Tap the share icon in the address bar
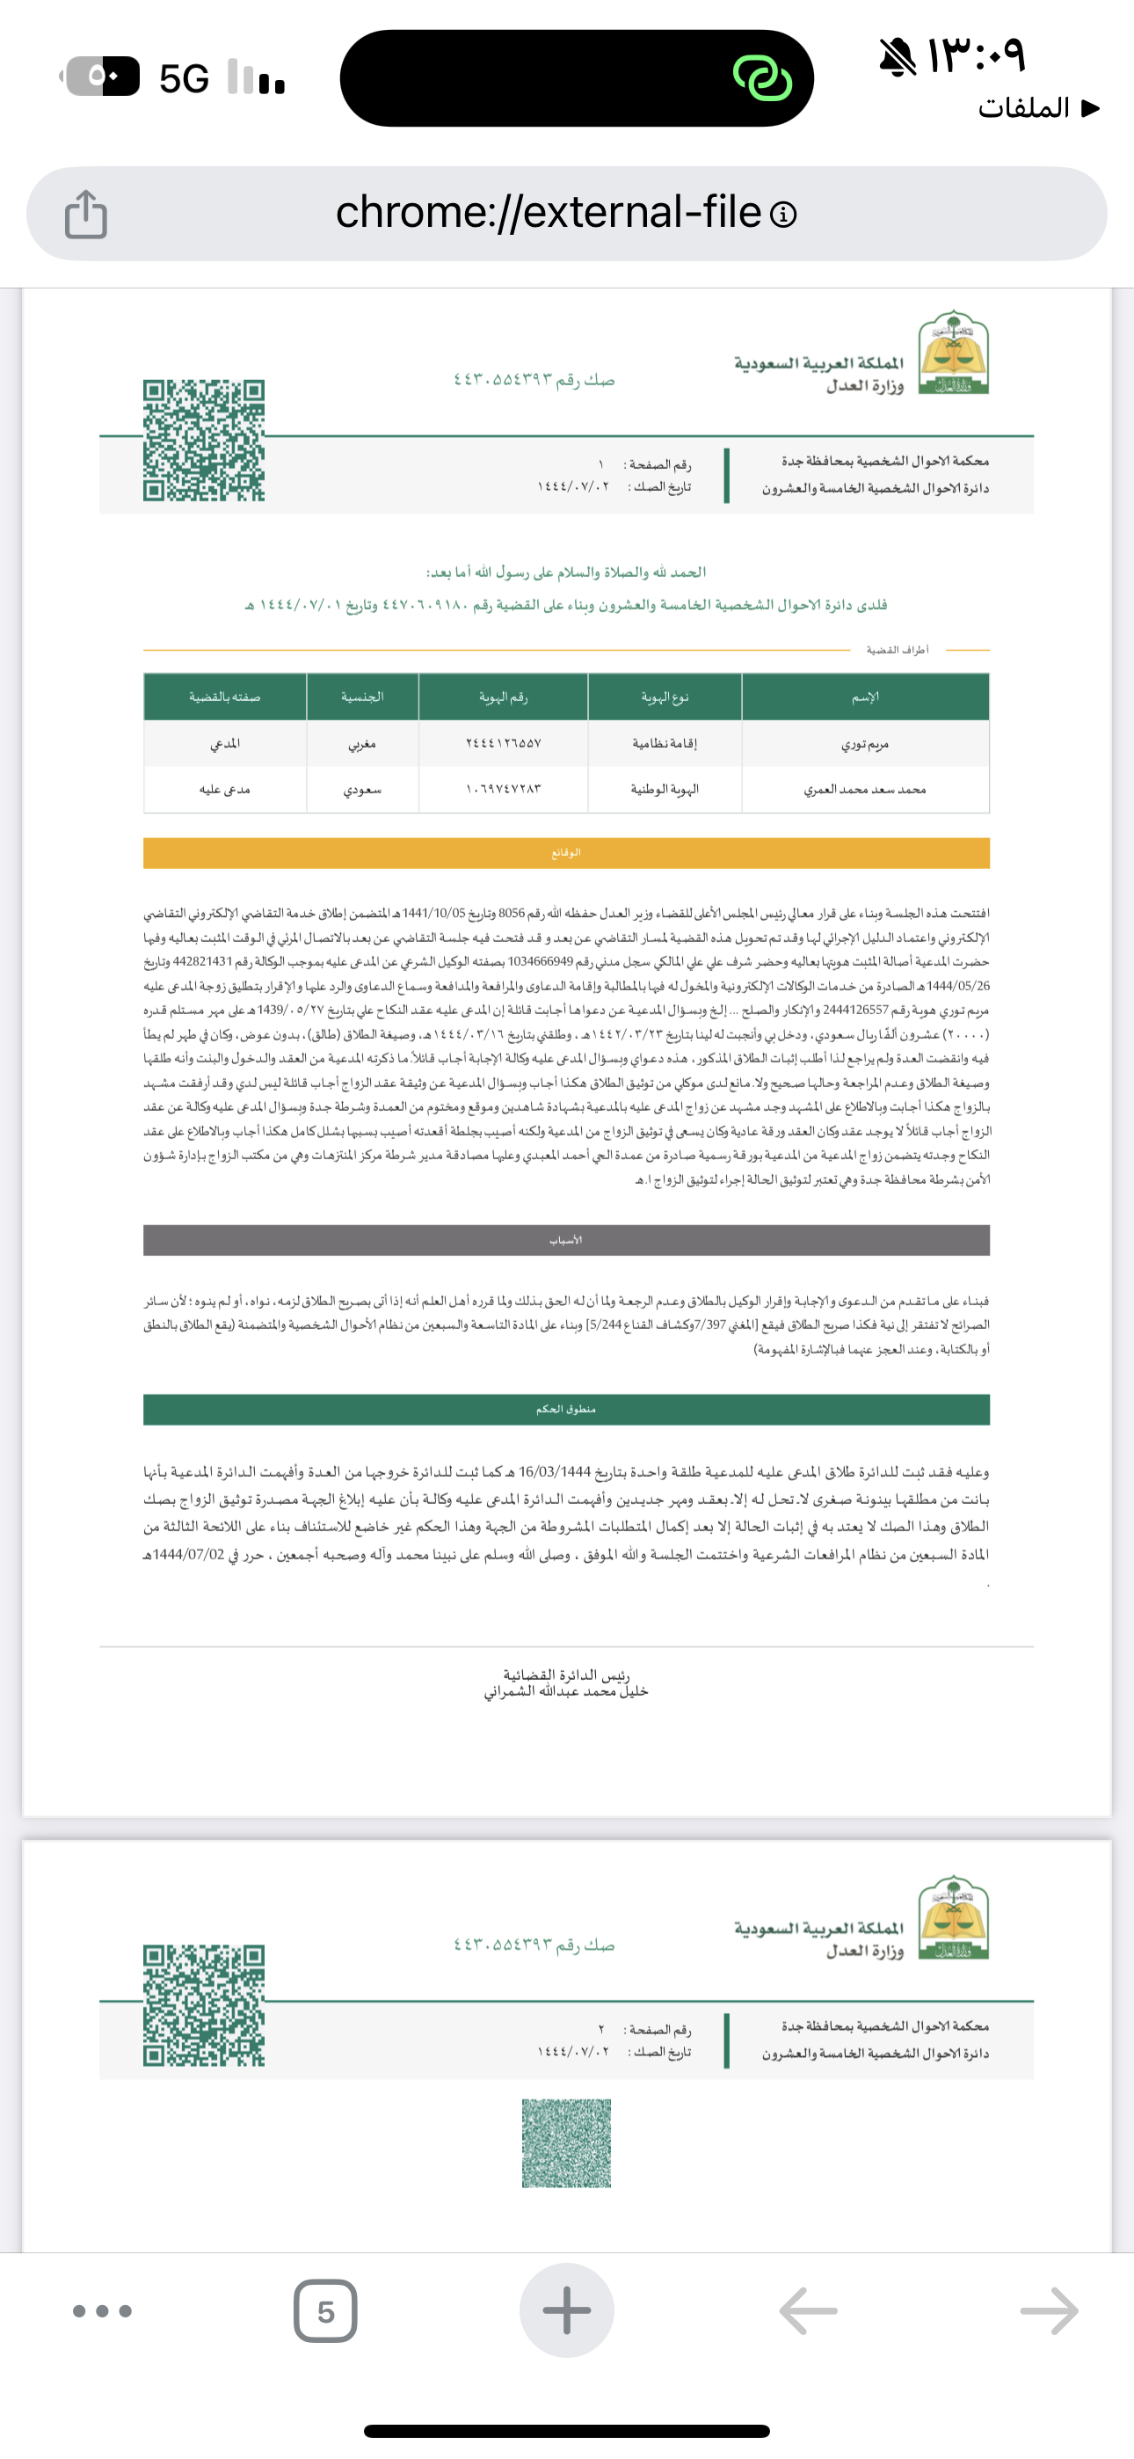(86, 214)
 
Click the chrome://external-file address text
(548, 212)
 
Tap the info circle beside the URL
(782, 215)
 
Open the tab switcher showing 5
(325, 2311)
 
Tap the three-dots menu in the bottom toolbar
(102, 2311)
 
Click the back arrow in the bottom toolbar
(808, 2311)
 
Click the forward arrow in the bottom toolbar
(1049, 2311)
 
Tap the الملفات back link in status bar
(1036, 108)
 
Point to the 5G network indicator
(183, 78)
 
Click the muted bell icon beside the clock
(898, 57)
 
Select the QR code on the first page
(203, 440)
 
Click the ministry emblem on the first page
(953, 353)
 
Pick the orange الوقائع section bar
(566, 852)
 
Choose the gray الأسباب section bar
(566, 1240)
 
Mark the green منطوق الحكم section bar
(566, 1409)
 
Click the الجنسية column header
(362, 697)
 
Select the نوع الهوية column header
(665, 697)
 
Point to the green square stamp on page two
(566, 2143)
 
